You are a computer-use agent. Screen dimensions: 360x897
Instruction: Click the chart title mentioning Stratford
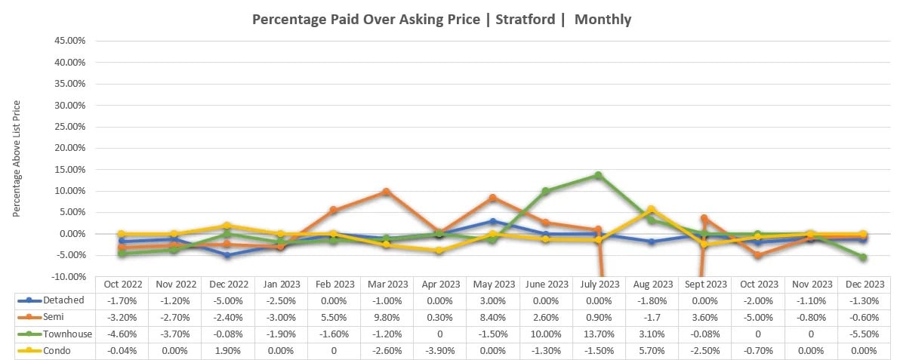442,20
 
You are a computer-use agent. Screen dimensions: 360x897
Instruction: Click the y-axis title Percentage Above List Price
17,158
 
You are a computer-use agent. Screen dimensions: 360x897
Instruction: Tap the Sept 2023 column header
704,285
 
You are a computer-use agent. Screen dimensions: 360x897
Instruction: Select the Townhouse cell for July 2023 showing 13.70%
598,334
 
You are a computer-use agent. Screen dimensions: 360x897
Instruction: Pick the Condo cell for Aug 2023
651,351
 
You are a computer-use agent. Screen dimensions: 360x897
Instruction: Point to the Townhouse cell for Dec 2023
863,334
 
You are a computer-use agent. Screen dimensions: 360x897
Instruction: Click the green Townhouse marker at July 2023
598,175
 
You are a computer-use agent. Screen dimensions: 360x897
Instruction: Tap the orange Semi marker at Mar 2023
386,192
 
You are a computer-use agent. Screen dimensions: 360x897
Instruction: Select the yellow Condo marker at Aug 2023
651,209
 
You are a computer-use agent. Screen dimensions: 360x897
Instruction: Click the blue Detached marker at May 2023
492,221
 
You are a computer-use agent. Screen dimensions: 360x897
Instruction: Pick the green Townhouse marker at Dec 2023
863,257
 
